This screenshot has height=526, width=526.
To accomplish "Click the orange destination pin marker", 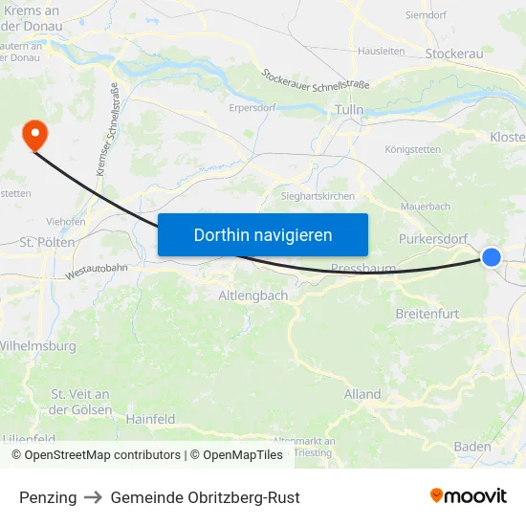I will pos(34,135).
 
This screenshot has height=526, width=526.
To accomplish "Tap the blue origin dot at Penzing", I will pos(491,256).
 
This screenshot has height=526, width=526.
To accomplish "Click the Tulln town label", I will pos(349,110).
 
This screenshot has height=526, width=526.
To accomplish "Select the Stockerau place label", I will pos(453,54).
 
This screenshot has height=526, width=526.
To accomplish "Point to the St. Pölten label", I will pos(41,242).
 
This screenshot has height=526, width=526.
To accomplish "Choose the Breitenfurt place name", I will pos(427,314).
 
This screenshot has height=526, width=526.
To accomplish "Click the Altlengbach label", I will pos(253,296).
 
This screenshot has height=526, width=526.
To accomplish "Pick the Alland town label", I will pos(362,394).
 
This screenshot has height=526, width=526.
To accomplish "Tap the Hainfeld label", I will pos(150,419).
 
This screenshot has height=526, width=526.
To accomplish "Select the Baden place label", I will pos(472,447).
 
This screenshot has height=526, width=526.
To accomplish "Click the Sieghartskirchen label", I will pos(318,196).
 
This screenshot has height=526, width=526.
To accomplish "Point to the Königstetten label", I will pos(412,149).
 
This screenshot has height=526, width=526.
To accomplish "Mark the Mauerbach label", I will pos(426,206).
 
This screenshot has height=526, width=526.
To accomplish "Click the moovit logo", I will pos(469,496).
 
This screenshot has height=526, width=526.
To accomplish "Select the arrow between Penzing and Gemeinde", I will pos(94,497).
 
